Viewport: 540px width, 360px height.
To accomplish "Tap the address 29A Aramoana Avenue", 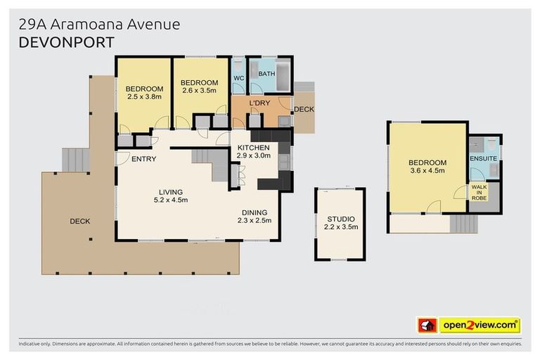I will (x=99, y=24).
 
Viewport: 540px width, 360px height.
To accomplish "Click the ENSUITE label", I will (x=483, y=158).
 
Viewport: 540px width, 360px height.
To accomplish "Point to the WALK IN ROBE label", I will (x=479, y=193).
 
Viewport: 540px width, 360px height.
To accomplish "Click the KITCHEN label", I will (x=253, y=147).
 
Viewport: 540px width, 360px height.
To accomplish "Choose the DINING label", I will (x=254, y=212).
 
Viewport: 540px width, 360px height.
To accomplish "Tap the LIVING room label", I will (x=171, y=192).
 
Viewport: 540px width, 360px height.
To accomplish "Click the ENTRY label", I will (x=143, y=159).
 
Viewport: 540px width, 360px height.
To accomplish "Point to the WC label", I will (x=238, y=77).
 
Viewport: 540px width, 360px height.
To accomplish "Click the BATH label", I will (x=266, y=73).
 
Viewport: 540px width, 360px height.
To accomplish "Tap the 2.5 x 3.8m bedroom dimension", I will (x=144, y=96).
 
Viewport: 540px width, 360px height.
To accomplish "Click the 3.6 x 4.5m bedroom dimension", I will (x=427, y=171).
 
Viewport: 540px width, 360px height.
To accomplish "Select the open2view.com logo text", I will (x=480, y=325).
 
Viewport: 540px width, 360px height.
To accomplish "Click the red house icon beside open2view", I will (x=427, y=325).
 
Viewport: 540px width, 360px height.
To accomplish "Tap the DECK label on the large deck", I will (x=79, y=221).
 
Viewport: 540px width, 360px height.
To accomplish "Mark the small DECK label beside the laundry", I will (x=304, y=109).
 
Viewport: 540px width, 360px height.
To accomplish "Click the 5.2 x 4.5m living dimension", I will (x=171, y=200).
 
